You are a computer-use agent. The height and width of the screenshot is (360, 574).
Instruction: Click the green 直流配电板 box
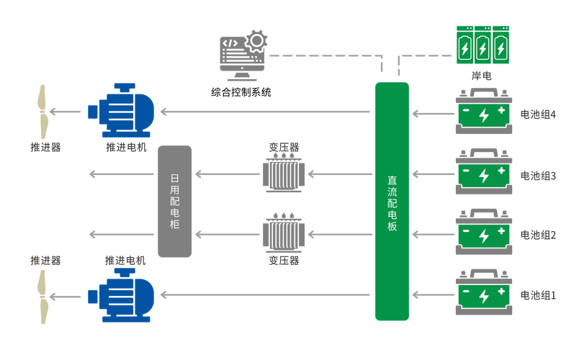click(392, 201)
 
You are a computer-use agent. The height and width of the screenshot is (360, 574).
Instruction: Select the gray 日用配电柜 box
click(175, 201)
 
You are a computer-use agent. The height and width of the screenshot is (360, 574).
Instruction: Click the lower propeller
click(42, 295)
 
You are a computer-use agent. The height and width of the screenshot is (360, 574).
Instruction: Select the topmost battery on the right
click(485, 112)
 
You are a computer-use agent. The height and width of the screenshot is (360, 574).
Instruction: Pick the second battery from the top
click(485, 173)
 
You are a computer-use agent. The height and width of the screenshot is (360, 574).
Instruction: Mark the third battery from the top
click(485, 233)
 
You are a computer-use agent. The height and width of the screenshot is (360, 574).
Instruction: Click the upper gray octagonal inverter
click(283, 174)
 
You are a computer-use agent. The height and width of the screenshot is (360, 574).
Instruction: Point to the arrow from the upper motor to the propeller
click(69, 112)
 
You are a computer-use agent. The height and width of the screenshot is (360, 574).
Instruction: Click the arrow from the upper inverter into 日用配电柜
click(227, 174)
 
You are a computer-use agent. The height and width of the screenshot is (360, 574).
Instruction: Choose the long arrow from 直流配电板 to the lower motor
click(266, 294)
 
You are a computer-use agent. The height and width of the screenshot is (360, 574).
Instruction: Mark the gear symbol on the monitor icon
click(256, 36)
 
